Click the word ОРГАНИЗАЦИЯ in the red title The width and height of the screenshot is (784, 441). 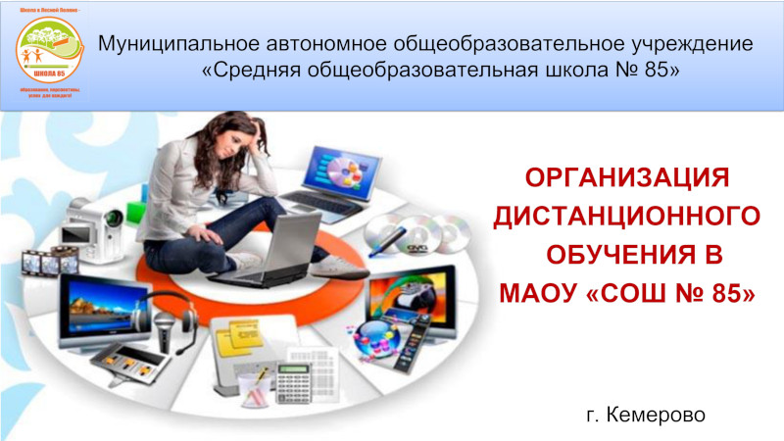628,178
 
